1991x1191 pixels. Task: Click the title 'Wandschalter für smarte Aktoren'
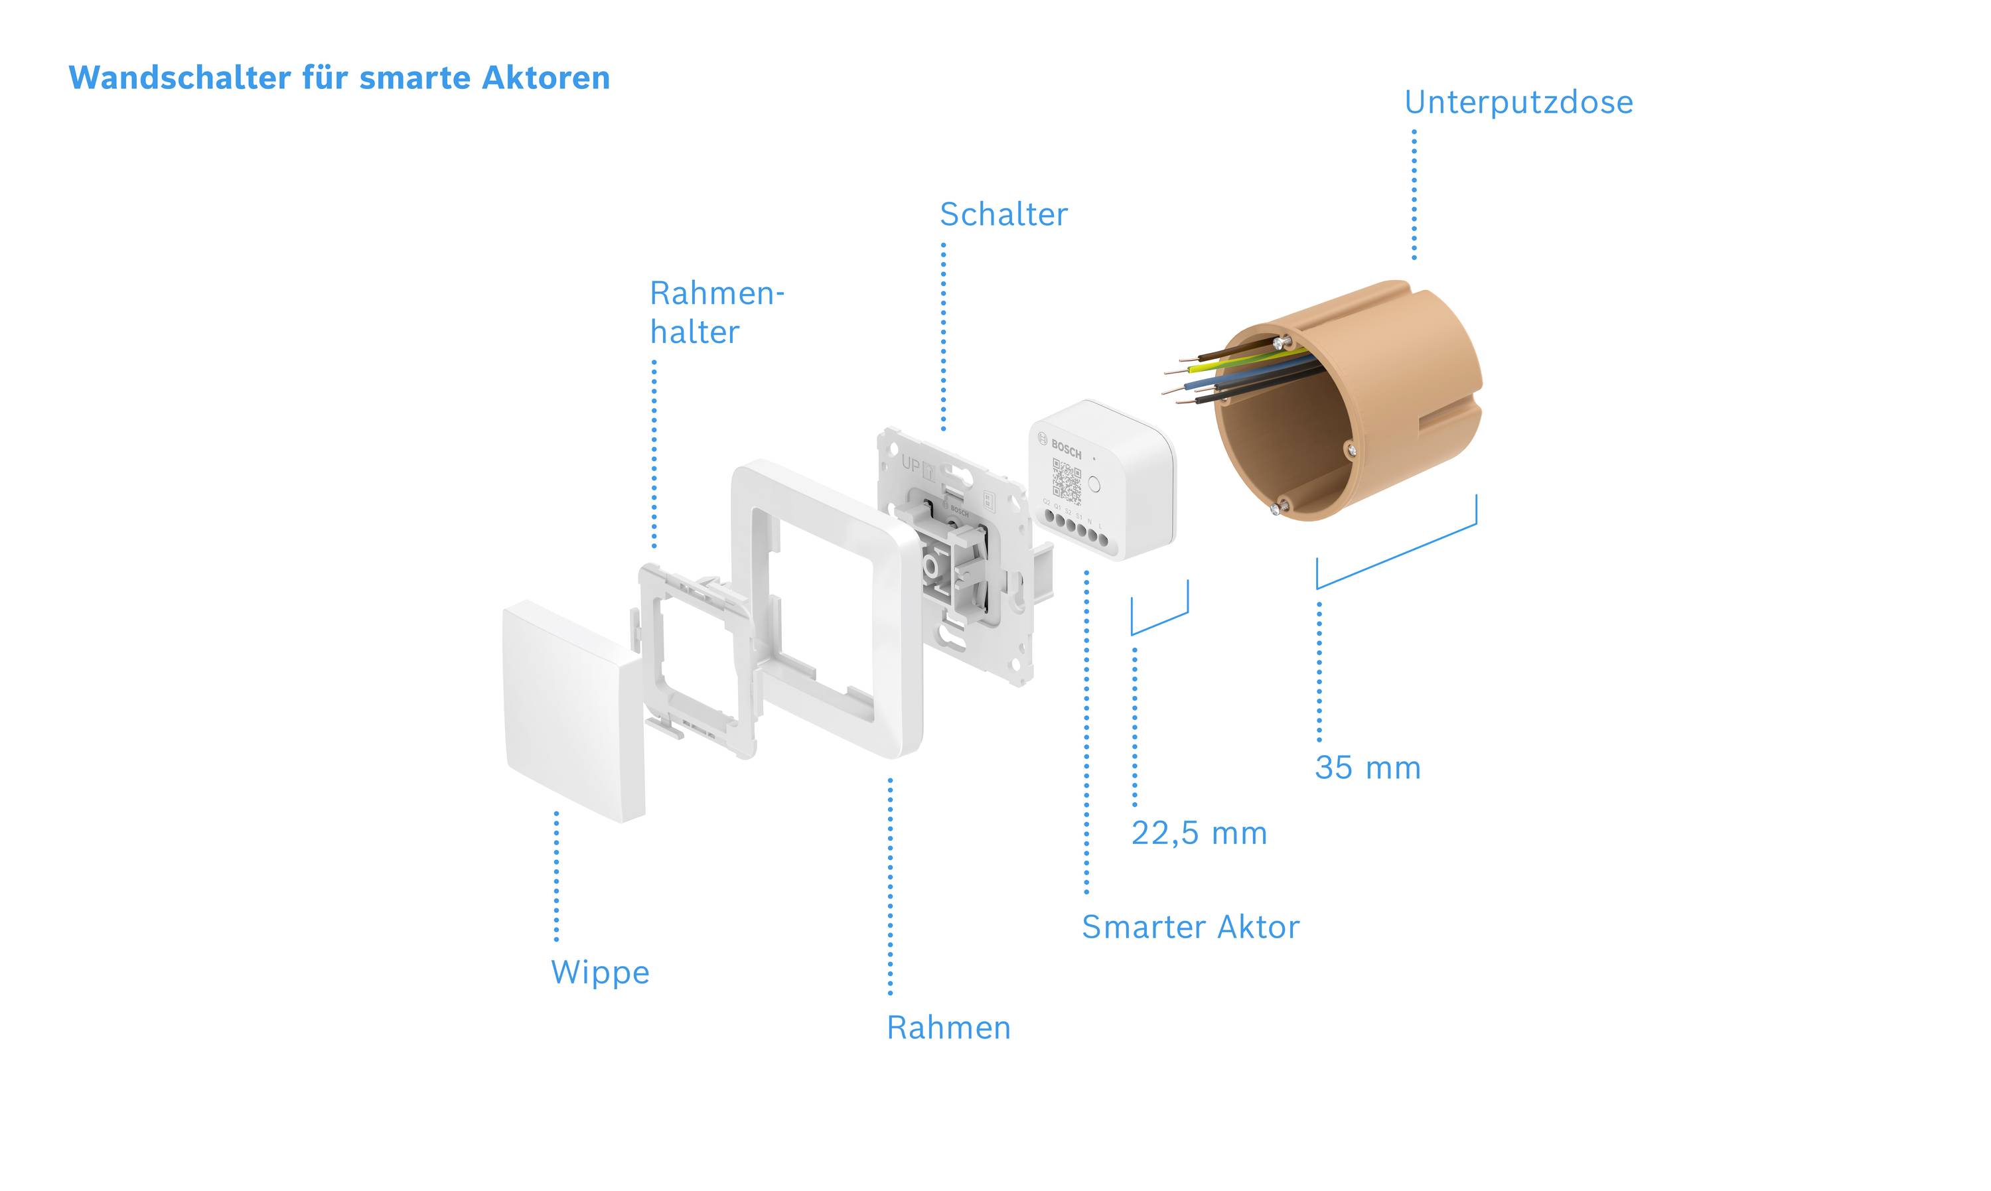pos(338,78)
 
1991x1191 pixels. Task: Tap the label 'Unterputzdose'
pos(1518,103)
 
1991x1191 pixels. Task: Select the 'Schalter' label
pos(1003,214)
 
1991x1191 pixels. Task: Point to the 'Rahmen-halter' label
pos(716,313)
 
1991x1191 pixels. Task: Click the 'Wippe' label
pos(599,972)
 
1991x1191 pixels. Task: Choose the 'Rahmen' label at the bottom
pos(948,1027)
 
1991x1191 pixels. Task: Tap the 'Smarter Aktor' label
pos(1190,927)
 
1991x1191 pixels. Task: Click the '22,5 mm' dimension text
pos(1199,833)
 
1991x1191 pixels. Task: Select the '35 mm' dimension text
pos(1367,768)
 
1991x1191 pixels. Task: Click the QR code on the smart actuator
pos(1067,481)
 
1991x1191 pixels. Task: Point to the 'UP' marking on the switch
pos(911,464)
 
